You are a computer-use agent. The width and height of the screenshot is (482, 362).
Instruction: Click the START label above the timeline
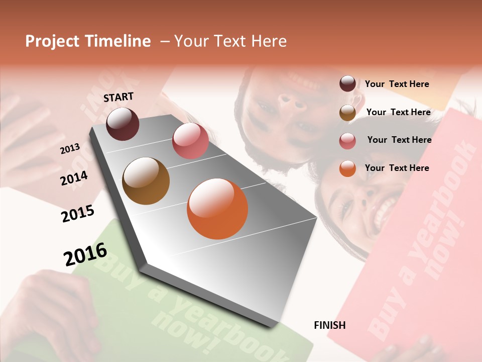click(x=118, y=97)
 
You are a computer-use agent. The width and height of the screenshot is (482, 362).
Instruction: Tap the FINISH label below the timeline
click(x=329, y=325)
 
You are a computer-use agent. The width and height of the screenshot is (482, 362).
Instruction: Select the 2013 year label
click(x=70, y=148)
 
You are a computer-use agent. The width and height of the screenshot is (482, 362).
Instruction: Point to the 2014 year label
click(x=74, y=178)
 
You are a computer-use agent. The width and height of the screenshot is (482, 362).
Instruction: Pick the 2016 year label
click(x=85, y=254)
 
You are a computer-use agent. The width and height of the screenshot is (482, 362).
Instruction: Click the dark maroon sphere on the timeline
click(x=123, y=124)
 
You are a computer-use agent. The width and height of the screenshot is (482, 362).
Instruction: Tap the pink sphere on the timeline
click(x=190, y=141)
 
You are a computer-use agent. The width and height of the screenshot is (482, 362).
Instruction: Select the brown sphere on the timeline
click(x=146, y=181)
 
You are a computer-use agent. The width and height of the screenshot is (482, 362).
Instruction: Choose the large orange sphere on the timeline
click(x=217, y=209)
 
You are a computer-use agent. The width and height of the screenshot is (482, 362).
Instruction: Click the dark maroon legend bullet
click(x=347, y=84)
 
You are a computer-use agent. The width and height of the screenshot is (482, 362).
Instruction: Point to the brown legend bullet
click(x=347, y=113)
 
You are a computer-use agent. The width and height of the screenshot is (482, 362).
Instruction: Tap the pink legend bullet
click(x=347, y=141)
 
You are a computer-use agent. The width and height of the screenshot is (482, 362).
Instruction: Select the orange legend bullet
click(x=347, y=168)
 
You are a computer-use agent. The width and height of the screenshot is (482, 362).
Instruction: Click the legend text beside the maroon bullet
click(x=397, y=84)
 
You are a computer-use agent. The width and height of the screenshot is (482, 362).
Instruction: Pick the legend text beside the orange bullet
click(x=397, y=168)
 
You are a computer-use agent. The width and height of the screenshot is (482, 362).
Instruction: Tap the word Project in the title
click(x=52, y=41)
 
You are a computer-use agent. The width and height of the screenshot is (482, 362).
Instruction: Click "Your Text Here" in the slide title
click(x=230, y=41)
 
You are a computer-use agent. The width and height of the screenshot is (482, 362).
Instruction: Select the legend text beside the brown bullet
click(x=398, y=112)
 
